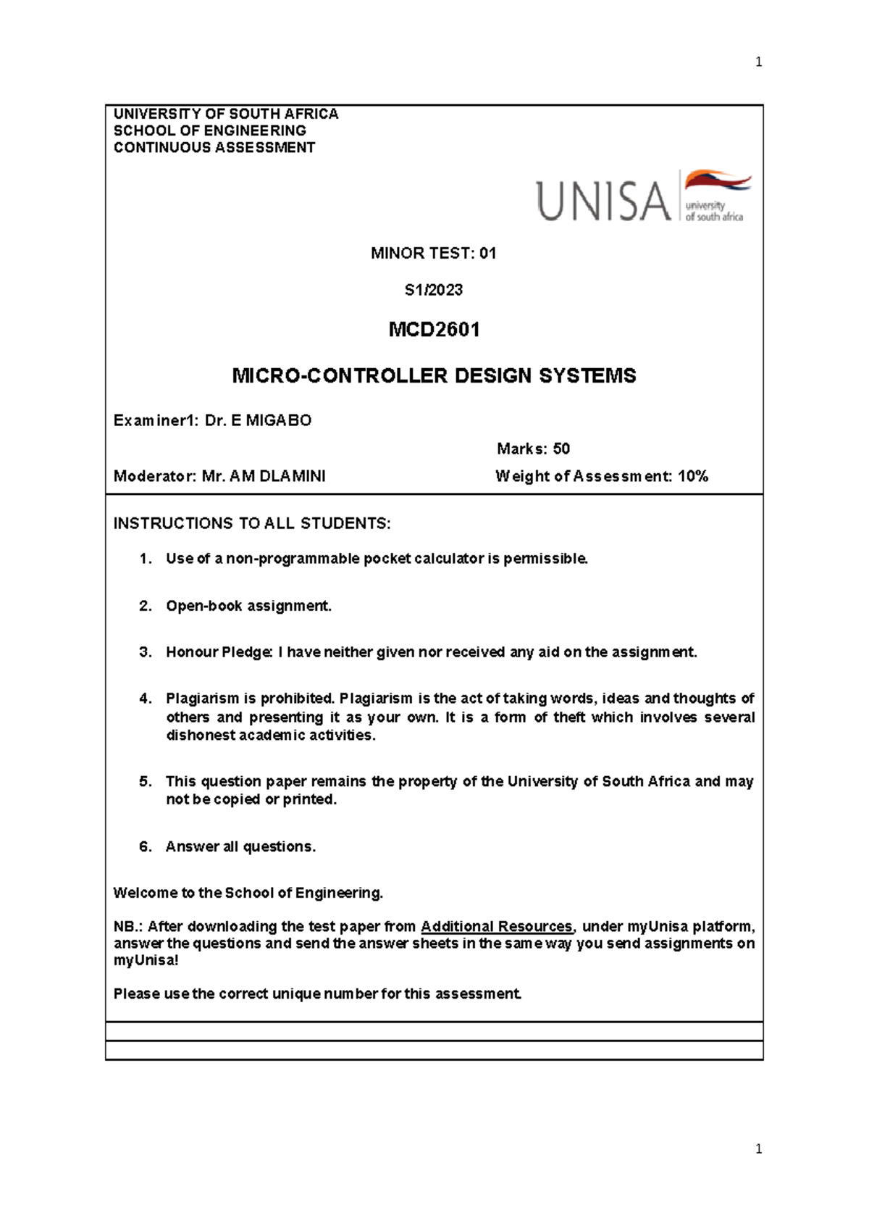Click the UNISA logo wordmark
point(603,201)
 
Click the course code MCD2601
point(434,330)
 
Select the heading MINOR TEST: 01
point(433,253)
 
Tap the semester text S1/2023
point(433,290)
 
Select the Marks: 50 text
point(533,449)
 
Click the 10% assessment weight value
point(693,476)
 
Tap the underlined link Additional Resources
point(497,926)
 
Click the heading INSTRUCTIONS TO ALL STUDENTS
point(251,523)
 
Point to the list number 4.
point(146,699)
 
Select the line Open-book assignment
point(248,606)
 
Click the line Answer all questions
point(240,846)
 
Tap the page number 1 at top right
point(758,62)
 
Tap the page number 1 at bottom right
point(758,1149)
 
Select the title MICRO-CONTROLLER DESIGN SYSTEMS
point(434,375)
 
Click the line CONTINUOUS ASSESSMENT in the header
point(214,148)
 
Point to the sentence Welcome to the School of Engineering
point(248,893)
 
